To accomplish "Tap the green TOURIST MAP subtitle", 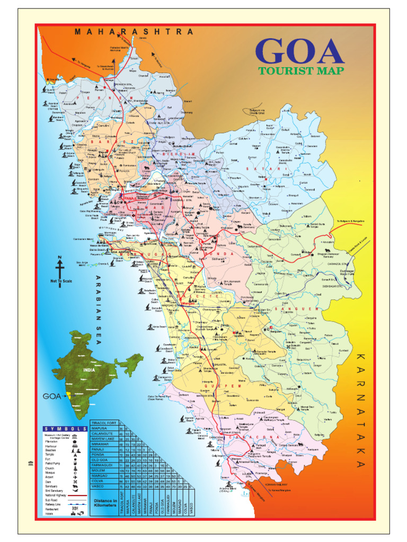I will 301,71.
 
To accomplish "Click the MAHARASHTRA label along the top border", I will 134,32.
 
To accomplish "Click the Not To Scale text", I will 60,281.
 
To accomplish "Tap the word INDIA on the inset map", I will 89,370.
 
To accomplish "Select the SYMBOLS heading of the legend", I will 65,429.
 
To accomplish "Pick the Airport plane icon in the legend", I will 75,477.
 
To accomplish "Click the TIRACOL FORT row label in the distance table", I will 104,423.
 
